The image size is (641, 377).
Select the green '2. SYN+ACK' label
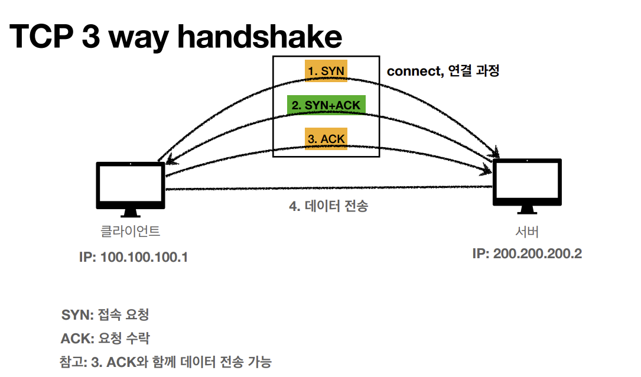pos(326,105)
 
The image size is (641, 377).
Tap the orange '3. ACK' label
pos(326,139)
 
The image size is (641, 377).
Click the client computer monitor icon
pos(131,186)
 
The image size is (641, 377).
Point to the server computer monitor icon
pos(527,184)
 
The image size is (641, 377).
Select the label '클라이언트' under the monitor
pos(131,230)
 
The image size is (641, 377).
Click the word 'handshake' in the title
pos(259,37)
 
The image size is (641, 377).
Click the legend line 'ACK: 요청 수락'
pos(105,339)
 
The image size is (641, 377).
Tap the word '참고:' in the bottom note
pos(73,362)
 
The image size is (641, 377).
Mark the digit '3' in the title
pos(95,37)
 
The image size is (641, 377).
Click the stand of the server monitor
pos(527,210)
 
